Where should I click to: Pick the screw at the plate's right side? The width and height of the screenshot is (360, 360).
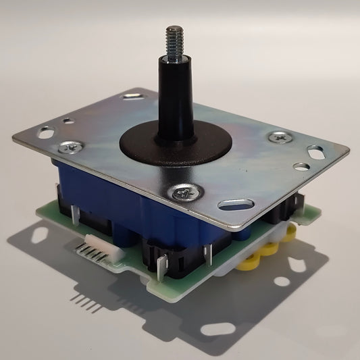point(277,138)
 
